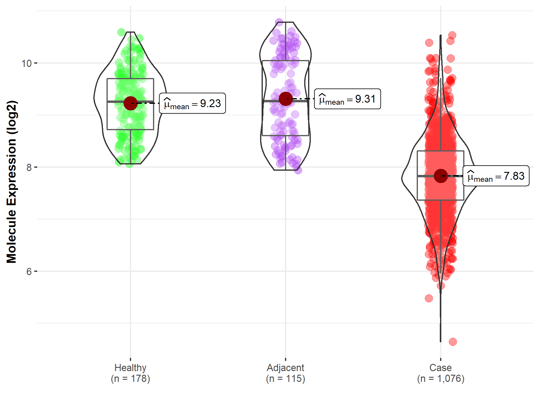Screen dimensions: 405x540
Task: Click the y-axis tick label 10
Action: click(26, 63)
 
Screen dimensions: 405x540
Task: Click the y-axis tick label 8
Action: click(29, 167)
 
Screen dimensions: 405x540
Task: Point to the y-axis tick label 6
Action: click(29, 271)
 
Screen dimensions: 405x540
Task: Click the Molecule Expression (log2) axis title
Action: click(11, 182)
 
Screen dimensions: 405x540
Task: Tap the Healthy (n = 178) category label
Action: click(130, 373)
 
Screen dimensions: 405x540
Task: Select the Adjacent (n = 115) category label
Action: click(285, 373)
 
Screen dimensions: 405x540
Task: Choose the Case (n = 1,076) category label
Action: click(440, 373)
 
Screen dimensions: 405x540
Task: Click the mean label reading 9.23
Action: click(192, 103)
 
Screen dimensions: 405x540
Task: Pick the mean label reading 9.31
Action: click(347, 99)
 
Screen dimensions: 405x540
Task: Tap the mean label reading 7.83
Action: click(496, 176)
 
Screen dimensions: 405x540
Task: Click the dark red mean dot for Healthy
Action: click(130, 103)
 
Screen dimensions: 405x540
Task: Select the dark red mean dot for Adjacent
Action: click(285, 99)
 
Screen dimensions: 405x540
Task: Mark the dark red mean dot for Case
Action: click(440, 176)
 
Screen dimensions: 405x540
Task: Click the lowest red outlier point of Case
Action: click(453, 342)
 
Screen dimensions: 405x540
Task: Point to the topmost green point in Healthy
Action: click(121, 32)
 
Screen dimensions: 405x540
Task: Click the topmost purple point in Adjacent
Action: click(279, 22)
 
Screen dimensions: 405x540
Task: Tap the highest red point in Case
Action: click(452, 35)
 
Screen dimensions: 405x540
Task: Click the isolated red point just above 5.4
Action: click(429, 298)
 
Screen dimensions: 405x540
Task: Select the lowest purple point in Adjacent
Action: click(298, 170)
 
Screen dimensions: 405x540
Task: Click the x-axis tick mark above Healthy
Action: click(130, 359)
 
